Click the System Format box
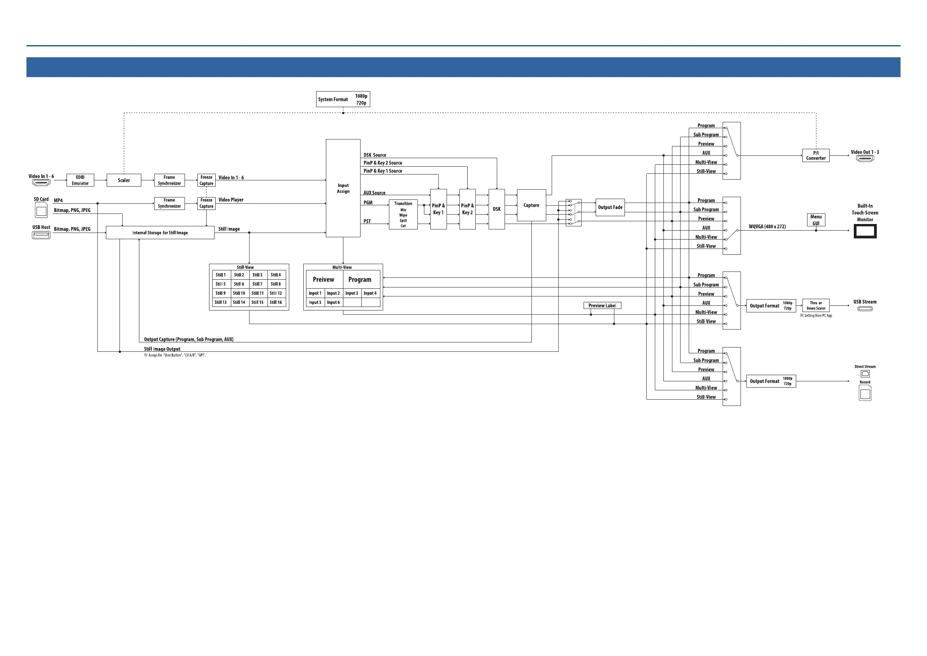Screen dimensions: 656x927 pyautogui.click(x=343, y=99)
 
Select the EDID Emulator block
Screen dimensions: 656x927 pyautogui.click(x=80, y=180)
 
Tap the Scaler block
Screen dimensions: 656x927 pyautogui.click(x=123, y=180)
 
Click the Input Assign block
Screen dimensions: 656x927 pyautogui.click(x=343, y=188)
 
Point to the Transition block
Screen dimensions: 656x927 pyautogui.click(x=403, y=215)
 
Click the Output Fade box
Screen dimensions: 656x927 pyautogui.click(x=610, y=207)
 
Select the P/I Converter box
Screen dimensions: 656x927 pyautogui.click(x=816, y=155)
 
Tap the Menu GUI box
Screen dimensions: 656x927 pyautogui.click(x=816, y=220)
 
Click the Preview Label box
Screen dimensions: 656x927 pyautogui.click(x=602, y=306)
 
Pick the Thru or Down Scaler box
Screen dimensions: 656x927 pyautogui.click(x=816, y=305)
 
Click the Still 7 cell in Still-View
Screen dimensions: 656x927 pyautogui.click(x=257, y=284)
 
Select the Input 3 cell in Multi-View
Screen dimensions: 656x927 pyautogui.click(x=352, y=293)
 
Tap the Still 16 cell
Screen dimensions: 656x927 pyautogui.click(x=276, y=302)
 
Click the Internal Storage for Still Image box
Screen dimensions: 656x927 pyautogui.click(x=160, y=233)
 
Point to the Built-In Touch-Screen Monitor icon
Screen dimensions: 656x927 pyautogui.click(x=865, y=231)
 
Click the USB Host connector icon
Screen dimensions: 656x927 pyautogui.click(x=41, y=235)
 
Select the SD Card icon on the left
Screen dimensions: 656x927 pyautogui.click(x=41, y=210)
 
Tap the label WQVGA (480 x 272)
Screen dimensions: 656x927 pyautogui.click(x=767, y=227)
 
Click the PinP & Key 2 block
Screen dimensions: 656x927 pyautogui.click(x=467, y=209)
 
